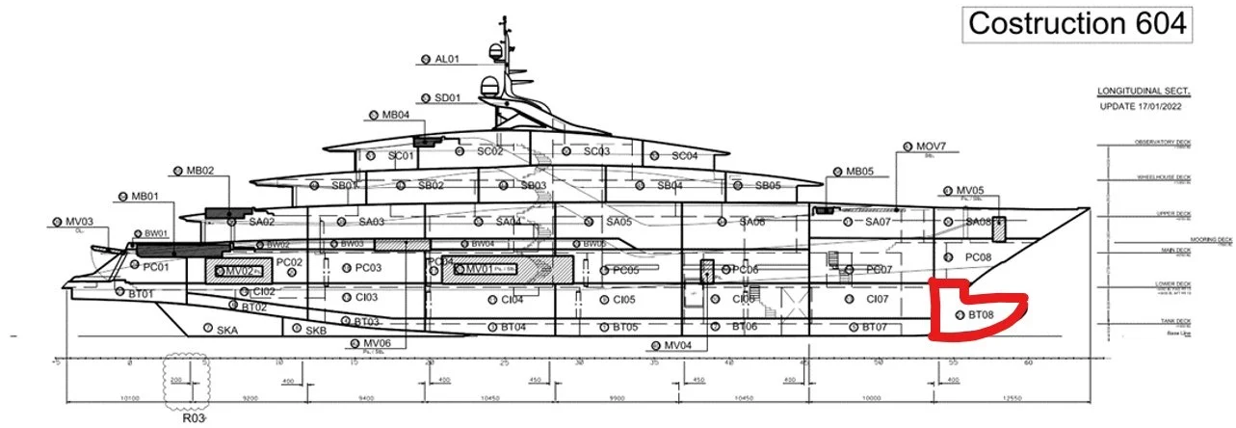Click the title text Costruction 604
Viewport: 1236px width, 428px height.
[1076, 24]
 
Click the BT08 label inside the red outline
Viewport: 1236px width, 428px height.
[981, 314]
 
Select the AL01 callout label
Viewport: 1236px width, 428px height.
[448, 59]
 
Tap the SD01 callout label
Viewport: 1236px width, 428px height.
[448, 97]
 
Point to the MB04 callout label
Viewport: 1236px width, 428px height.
[396, 115]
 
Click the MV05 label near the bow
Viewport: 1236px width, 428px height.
[969, 191]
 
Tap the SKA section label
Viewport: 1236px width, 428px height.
[226, 330]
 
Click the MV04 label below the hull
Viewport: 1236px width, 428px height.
[677, 345]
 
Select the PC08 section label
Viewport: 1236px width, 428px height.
[977, 257]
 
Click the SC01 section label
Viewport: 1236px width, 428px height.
[401, 155]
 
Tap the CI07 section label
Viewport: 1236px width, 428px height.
[877, 299]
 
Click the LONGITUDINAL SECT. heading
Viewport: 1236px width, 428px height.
[1144, 91]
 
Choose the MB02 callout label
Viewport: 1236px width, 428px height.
[199, 171]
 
